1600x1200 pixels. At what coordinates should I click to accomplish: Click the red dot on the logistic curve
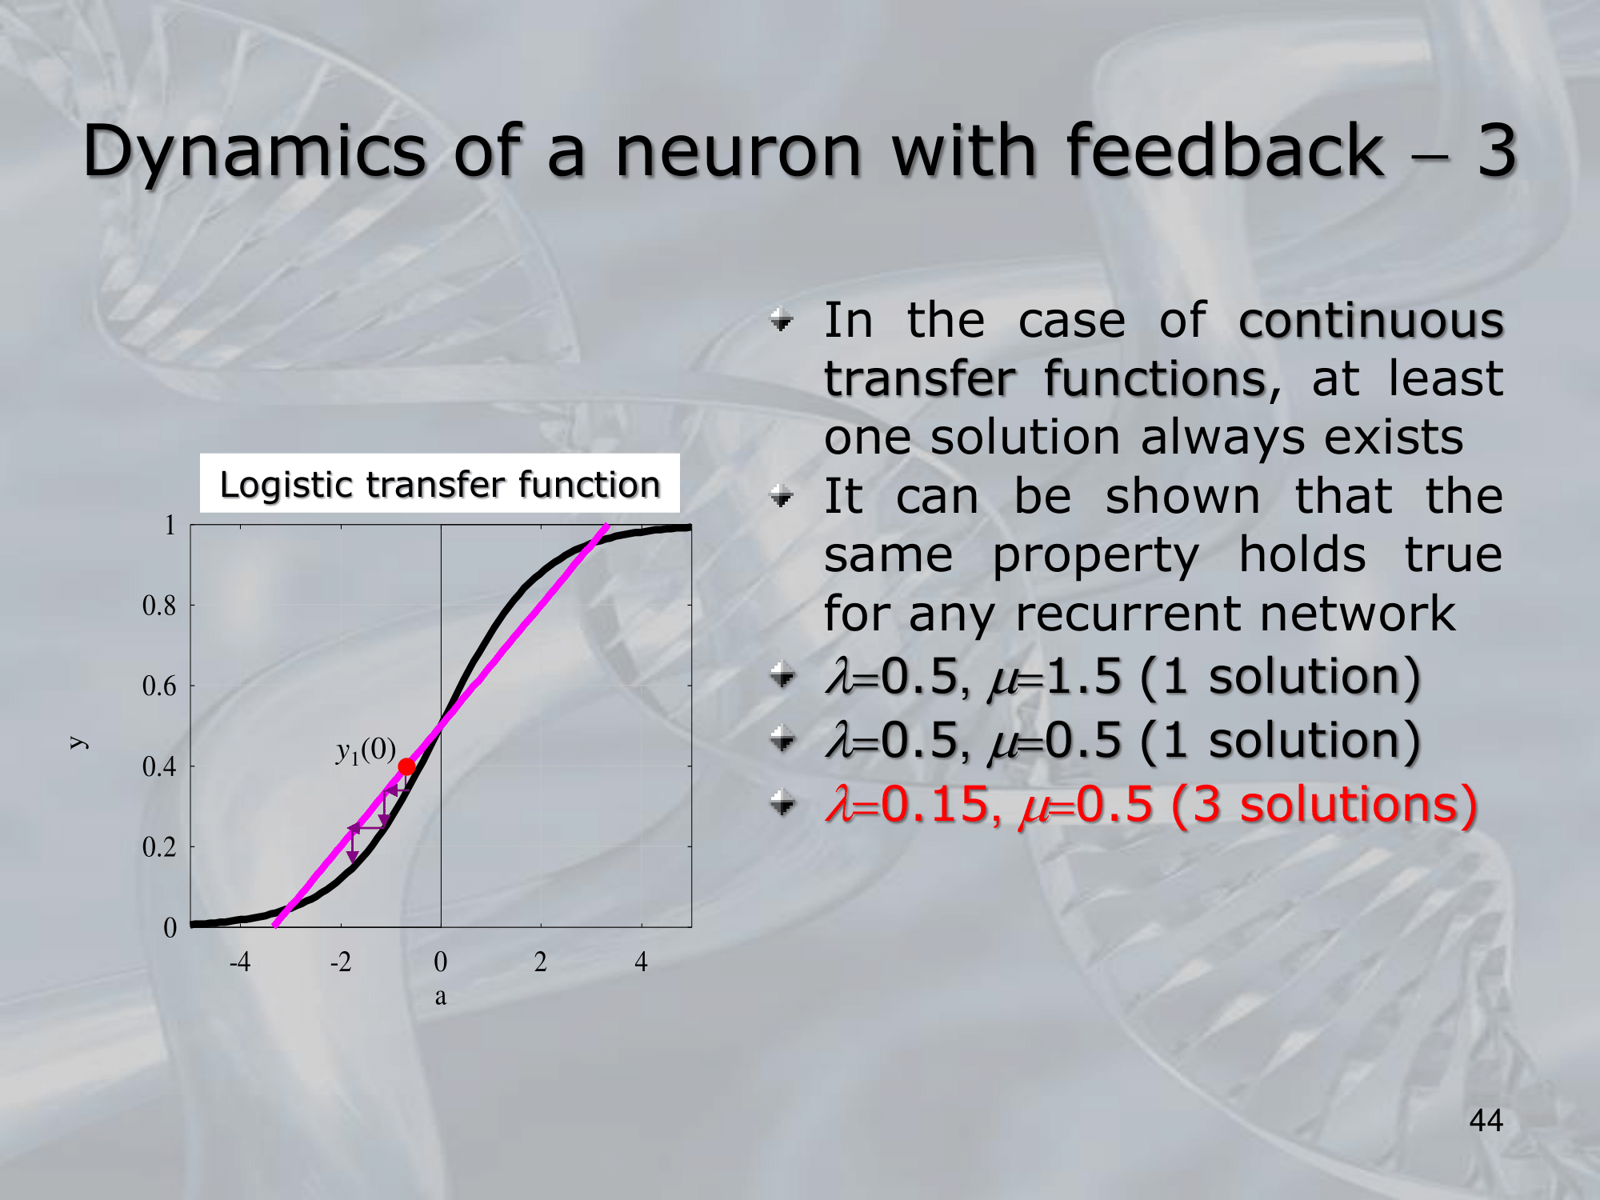coord(406,767)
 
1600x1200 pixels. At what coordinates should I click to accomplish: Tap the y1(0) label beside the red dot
coord(366,750)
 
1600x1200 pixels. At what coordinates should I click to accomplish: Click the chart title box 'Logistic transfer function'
coord(439,484)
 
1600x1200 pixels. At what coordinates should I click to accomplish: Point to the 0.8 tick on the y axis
coord(159,606)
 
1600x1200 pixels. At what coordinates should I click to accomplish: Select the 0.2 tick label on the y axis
coord(159,846)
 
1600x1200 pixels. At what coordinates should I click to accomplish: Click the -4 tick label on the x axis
coord(240,961)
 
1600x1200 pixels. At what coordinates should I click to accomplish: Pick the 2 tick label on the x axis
coord(541,961)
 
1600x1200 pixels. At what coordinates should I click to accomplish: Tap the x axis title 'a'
coord(441,997)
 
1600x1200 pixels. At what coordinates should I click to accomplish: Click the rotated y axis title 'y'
coord(78,742)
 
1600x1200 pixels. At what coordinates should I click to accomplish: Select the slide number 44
coord(1486,1120)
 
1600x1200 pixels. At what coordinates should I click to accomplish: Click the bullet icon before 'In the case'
coord(782,321)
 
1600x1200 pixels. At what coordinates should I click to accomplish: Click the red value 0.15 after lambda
coord(936,803)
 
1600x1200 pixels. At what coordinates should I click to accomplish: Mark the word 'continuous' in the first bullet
coord(1371,320)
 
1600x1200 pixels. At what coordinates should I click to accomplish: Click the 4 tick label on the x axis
coord(641,961)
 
